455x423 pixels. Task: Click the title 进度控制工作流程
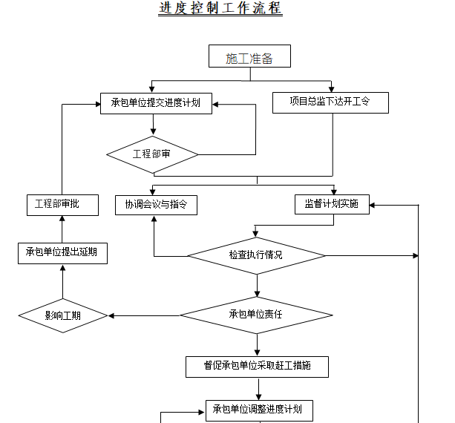pyautogui.click(x=220, y=9)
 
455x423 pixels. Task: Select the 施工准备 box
pyautogui.click(x=249, y=58)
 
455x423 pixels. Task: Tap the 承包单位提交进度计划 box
pyautogui.click(x=156, y=103)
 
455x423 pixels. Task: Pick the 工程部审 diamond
pyautogui.click(x=152, y=154)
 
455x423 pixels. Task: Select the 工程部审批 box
pyautogui.click(x=62, y=205)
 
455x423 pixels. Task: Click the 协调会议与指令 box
pyautogui.click(x=156, y=205)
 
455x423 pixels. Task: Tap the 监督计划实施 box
pyautogui.click(x=331, y=204)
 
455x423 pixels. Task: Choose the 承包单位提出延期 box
pyautogui.click(x=62, y=253)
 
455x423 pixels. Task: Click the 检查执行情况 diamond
pyautogui.click(x=256, y=255)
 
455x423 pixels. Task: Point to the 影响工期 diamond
pyautogui.click(x=63, y=315)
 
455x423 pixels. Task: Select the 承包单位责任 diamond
pyautogui.click(x=256, y=315)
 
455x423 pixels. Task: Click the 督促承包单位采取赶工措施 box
pyautogui.click(x=257, y=366)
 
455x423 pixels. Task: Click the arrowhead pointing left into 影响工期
pyautogui.click(x=113, y=315)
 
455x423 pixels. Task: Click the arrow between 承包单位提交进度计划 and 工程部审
pyautogui.click(x=152, y=125)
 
